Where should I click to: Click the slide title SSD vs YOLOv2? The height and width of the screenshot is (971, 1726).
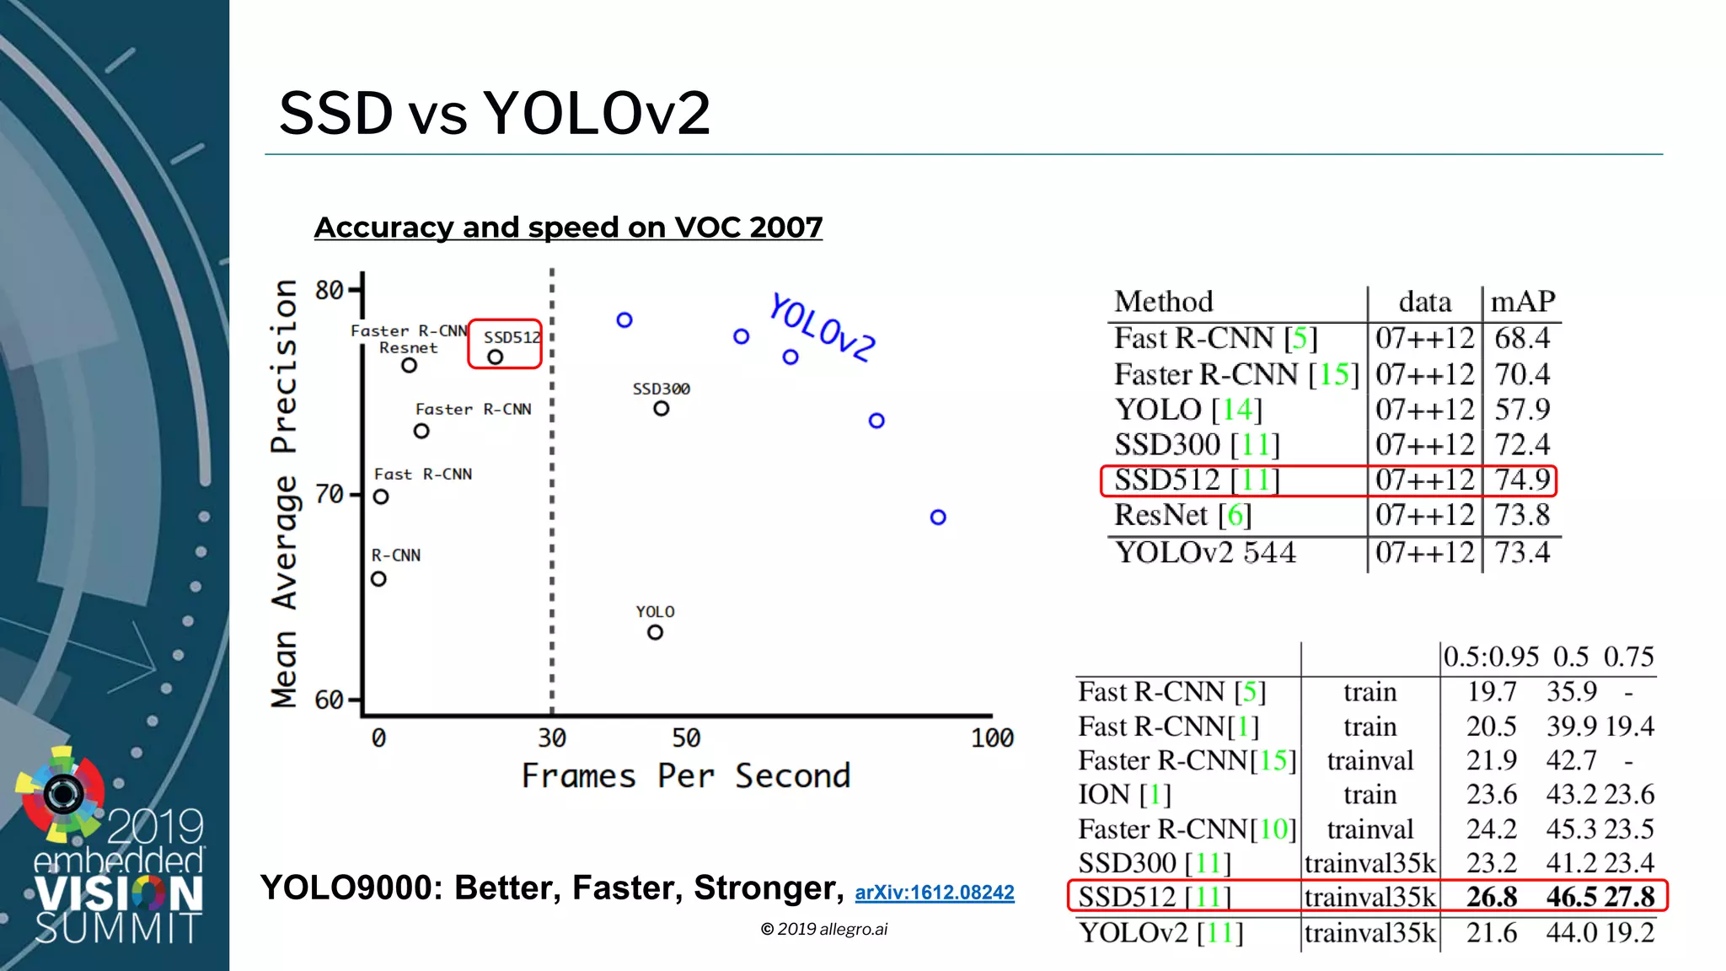click(x=495, y=113)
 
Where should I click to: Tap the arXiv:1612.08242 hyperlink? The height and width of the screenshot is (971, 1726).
click(x=934, y=893)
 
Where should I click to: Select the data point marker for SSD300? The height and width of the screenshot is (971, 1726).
click(x=662, y=409)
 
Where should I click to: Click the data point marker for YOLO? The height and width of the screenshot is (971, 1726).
click(x=655, y=632)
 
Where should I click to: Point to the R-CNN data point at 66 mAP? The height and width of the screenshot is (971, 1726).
click(x=378, y=579)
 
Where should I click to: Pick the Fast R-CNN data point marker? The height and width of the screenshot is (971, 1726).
click(x=381, y=497)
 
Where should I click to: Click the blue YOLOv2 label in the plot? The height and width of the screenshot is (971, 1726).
click(x=823, y=328)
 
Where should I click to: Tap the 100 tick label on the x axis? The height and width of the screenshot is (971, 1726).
click(x=992, y=738)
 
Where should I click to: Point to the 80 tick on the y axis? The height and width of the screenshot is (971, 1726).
click(x=329, y=291)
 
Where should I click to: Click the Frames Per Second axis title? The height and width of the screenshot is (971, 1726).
click(x=686, y=776)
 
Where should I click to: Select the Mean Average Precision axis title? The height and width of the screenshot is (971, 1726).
click(x=284, y=493)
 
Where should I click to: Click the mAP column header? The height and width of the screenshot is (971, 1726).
click(x=1522, y=302)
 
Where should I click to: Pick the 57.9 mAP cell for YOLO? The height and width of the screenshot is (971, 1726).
click(x=1522, y=410)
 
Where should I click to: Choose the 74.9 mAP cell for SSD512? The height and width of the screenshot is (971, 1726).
click(x=1522, y=480)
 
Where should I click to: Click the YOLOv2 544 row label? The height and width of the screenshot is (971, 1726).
click(x=1205, y=553)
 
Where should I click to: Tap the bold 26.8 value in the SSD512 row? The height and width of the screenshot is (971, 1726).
click(x=1491, y=897)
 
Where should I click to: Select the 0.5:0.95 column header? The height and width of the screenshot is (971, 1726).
click(x=1491, y=657)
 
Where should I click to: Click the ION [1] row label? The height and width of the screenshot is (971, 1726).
click(x=1124, y=795)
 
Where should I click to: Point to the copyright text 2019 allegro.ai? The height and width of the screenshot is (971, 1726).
click(x=824, y=929)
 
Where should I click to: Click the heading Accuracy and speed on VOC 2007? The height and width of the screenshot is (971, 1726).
click(x=568, y=228)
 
